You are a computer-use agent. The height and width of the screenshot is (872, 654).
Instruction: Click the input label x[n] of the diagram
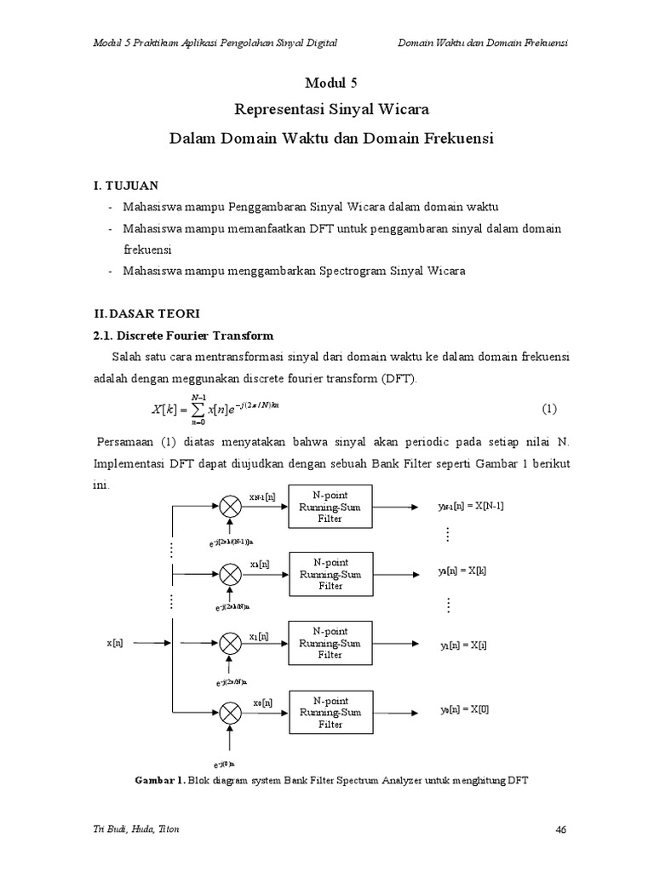click(115, 644)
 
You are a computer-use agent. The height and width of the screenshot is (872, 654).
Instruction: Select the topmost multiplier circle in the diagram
click(231, 507)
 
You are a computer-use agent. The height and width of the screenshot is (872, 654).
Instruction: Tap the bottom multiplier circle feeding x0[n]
click(231, 713)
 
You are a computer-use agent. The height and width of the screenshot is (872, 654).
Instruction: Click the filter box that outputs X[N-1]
click(330, 507)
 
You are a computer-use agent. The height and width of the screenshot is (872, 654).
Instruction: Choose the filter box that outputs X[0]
click(330, 713)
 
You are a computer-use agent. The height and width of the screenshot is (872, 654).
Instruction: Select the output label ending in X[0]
click(464, 708)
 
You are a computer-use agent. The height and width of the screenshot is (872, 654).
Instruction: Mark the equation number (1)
click(549, 409)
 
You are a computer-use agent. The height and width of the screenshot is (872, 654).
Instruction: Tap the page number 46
click(560, 830)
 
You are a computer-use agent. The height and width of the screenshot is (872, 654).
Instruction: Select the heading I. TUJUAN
click(125, 186)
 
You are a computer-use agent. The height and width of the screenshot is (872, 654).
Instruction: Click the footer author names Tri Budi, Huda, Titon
click(135, 830)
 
